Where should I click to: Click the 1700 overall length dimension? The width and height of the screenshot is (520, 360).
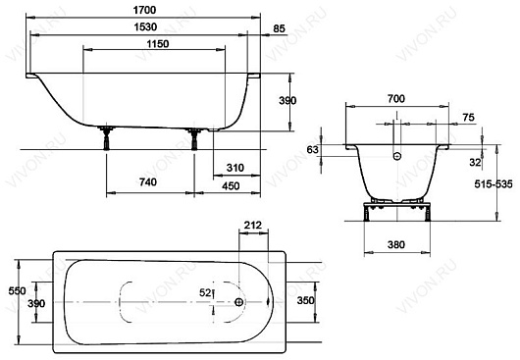tap(144, 10)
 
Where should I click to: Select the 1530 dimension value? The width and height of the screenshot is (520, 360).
tap(145, 26)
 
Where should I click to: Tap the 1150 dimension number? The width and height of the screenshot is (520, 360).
tap(158, 44)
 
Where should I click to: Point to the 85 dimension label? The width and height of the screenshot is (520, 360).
tap(279, 28)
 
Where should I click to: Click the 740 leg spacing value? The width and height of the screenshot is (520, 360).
tap(147, 182)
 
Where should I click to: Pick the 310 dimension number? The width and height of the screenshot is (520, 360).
tap(235, 168)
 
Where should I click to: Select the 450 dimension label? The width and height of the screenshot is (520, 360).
tap(231, 186)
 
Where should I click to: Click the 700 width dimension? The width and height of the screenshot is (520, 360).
tap(396, 98)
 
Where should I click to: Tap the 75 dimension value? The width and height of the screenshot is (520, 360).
tap(468, 118)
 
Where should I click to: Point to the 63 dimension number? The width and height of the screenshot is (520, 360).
tap(312, 150)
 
